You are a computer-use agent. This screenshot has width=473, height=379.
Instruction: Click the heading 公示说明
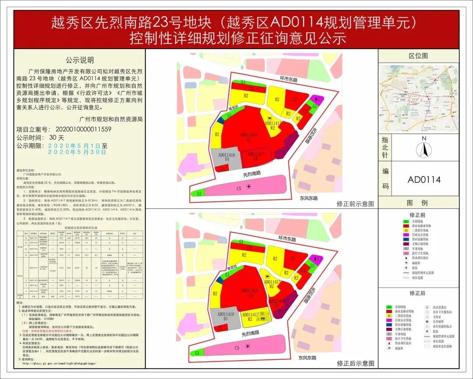pyautogui.click(x=80, y=60)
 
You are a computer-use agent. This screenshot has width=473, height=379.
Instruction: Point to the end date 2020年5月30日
pyautogui.click(x=77, y=152)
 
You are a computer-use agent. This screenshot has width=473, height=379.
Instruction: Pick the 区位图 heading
pyautogui.click(x=418, y=56)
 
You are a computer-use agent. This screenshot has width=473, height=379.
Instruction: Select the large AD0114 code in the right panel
pyautogui.click(x=424, y=180)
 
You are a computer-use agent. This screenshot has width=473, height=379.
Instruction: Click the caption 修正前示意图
pyautogui.click(x=355, y=204)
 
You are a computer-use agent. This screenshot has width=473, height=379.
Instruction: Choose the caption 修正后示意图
pyautogui.click(x=355, y=363)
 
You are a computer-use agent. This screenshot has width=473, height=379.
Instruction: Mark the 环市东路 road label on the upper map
pyautogui.click(x=289, y=80)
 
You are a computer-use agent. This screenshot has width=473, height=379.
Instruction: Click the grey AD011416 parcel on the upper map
pyautogui.click(x=226, y=158)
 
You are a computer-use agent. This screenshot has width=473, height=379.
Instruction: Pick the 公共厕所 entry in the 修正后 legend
pyautogui.click(x=438, y=322)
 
